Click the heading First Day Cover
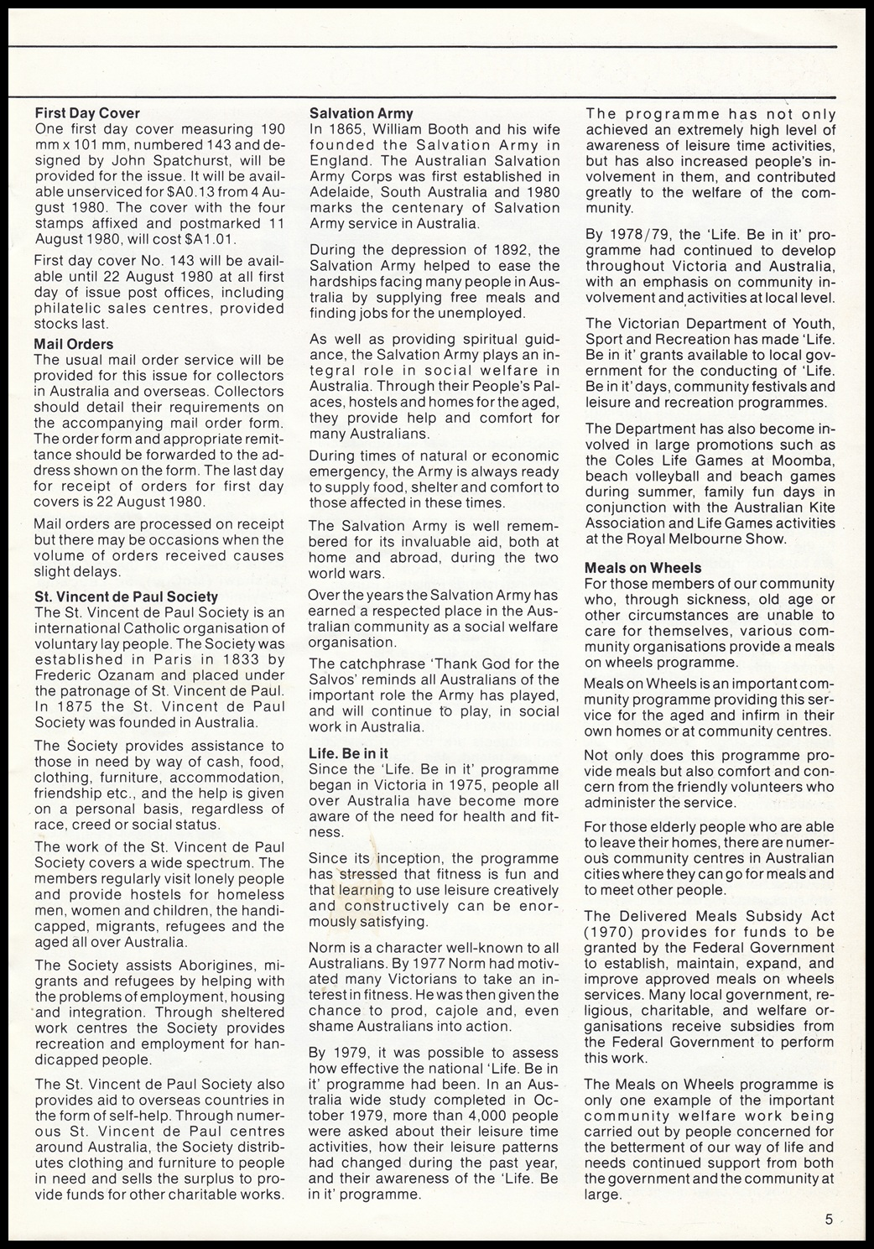coord(87,112)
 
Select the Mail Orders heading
coord(74,344)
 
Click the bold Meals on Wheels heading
coord(643,567)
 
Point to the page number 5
coord(828,1220)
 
